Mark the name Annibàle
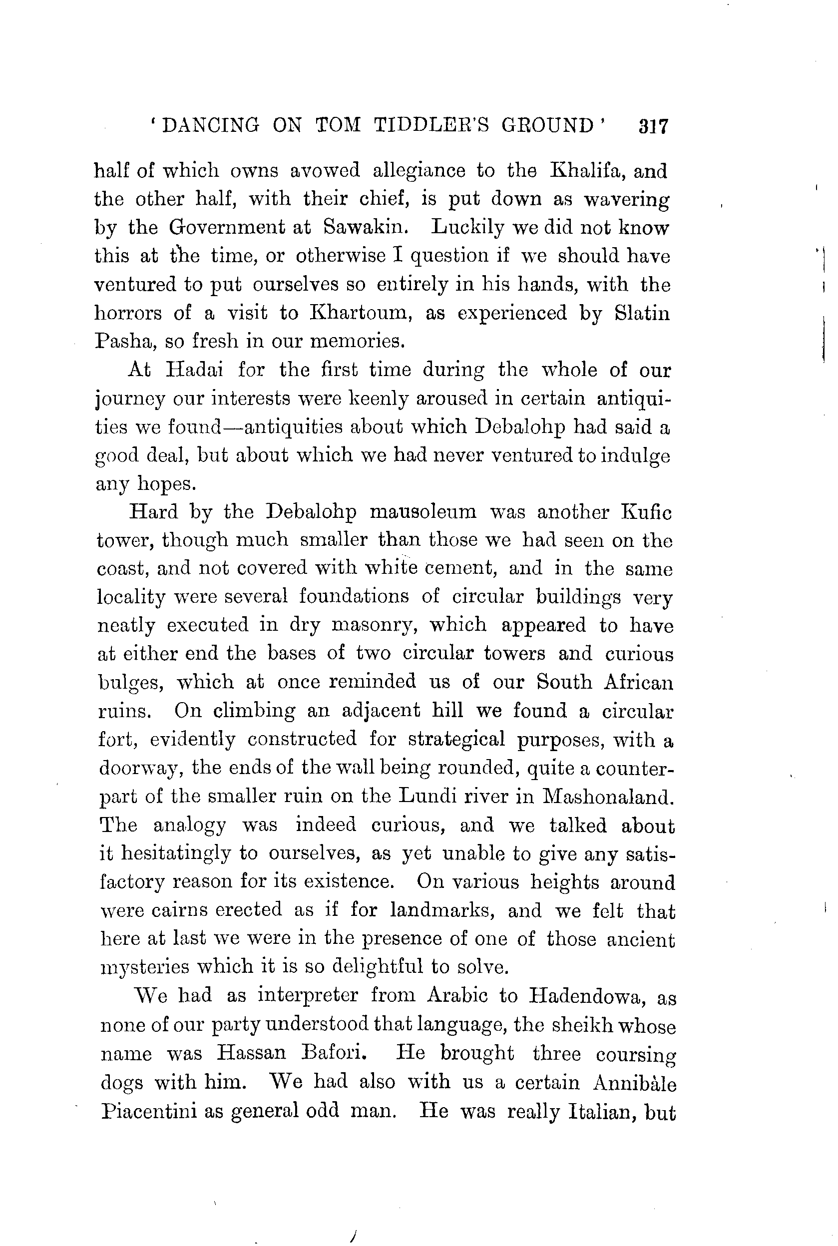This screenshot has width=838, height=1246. (635, 1081)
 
